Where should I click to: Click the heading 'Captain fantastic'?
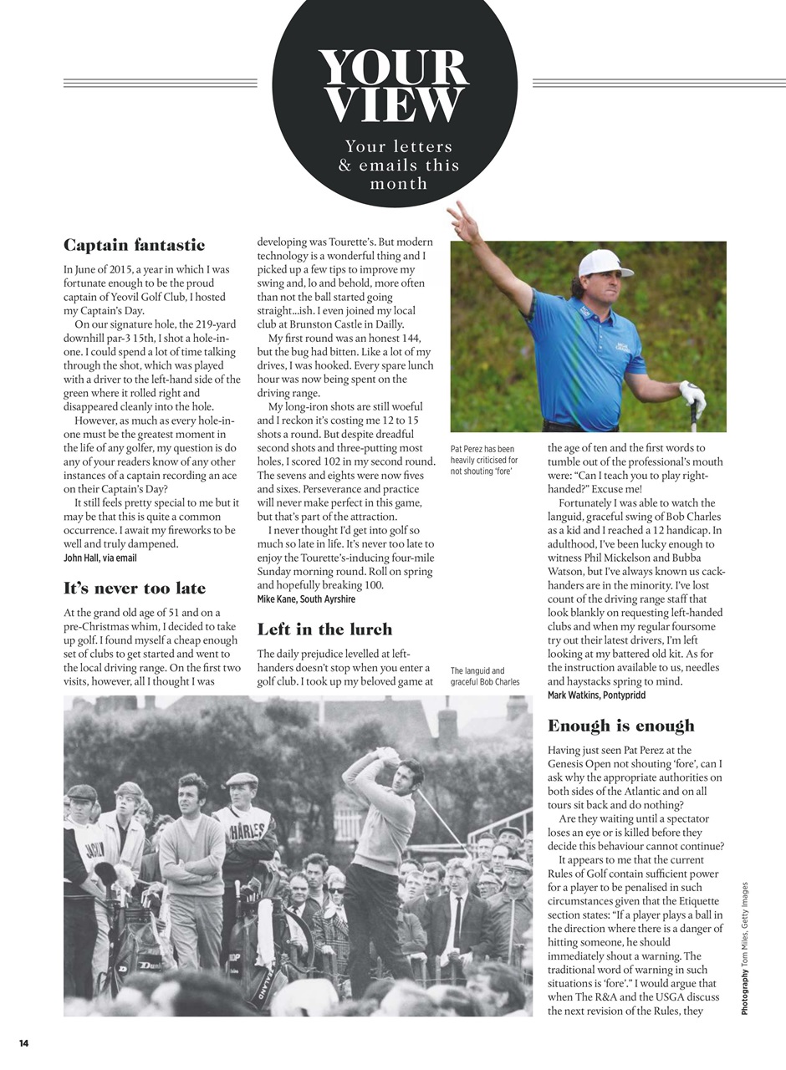134,245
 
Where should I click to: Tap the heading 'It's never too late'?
134,588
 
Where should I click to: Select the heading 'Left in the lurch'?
324,629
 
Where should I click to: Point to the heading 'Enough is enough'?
620,726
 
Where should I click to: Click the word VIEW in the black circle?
393,105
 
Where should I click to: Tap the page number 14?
23,1043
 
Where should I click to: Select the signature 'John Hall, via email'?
100,558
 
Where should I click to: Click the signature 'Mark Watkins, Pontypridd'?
596,695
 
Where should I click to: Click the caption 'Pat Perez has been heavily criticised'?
484,460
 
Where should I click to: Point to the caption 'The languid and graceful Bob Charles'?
485,676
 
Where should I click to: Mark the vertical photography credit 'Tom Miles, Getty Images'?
744,949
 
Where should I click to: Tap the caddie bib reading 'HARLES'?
248,831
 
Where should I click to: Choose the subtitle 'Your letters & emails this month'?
399,165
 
